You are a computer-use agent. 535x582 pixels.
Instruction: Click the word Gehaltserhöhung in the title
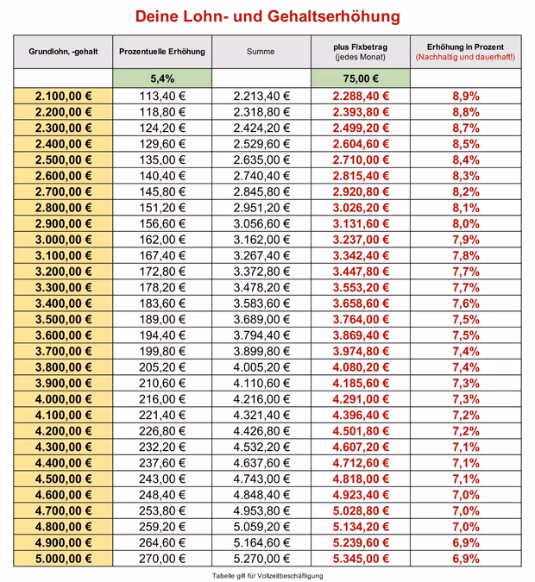pos(330,16)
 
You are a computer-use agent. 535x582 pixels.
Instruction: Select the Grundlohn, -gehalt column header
pos(63,52)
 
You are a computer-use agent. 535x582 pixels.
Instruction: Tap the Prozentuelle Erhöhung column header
pos(162,52)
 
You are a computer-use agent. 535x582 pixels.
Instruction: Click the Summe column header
pos(261,52)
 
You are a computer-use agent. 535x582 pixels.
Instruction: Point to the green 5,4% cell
pos(162,78)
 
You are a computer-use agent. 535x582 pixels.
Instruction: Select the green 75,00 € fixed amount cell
pos(360,78)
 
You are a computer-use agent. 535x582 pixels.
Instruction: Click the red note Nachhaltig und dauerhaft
pos(465,57)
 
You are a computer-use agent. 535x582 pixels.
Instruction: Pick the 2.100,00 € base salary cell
pos(63,96)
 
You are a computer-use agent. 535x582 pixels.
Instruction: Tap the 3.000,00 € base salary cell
pos(63,240)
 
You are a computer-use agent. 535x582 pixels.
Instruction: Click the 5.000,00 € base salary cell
pos(63,559)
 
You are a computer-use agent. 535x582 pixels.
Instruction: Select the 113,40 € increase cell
pos(162,96)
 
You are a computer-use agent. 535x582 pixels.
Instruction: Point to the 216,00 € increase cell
pos(162,399)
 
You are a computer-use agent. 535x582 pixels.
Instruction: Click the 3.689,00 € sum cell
pos(261,319)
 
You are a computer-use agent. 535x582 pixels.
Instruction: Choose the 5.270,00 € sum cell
pos(261,559)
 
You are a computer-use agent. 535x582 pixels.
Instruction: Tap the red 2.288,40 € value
pos(360,96)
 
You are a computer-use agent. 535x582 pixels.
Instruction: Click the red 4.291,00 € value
pos(360,399)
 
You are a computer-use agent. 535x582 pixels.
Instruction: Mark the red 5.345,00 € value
pos(360,559)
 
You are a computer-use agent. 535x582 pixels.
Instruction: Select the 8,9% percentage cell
pos(465,96)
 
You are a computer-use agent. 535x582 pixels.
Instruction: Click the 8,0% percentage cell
pos(465,223)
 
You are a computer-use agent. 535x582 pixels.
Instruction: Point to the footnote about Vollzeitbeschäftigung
pos(267,575)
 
